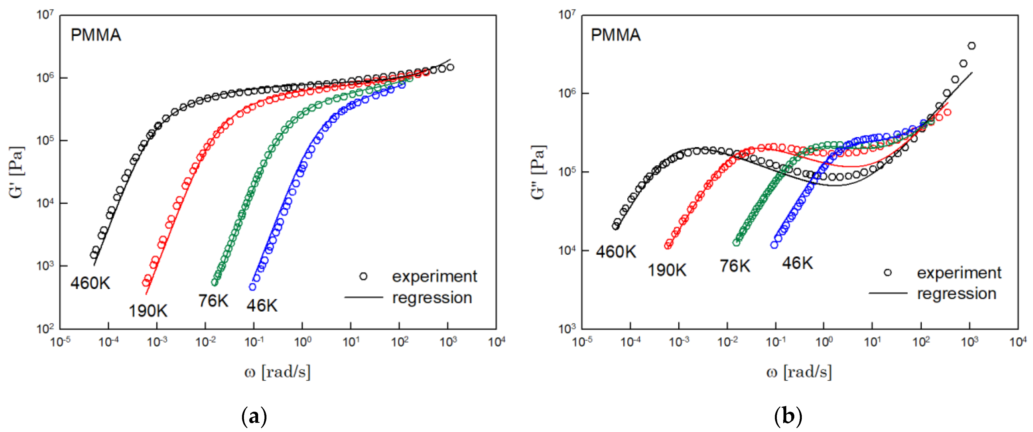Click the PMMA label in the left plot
point(96,35)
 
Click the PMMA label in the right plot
point(616,35)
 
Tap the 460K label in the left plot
point(90,283)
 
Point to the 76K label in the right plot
point(734,266)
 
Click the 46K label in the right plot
point(797,263)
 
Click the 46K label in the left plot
point(262,306)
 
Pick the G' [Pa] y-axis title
point(17,172)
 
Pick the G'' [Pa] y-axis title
point(538,172)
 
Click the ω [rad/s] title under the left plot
point(278,372)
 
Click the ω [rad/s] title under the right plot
point(799,372)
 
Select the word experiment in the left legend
point(434,276)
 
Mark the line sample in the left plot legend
point(363,297)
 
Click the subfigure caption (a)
point(254,417)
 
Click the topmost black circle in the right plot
point(972,46)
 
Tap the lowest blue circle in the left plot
point(253,287)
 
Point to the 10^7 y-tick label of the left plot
point(45,15)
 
